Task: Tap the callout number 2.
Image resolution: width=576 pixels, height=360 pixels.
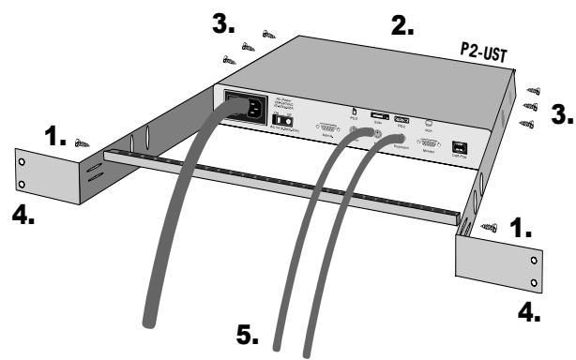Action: [404, 27]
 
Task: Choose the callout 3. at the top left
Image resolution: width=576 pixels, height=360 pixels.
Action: [224, 25]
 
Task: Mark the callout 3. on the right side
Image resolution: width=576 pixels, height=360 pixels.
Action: [560, 115]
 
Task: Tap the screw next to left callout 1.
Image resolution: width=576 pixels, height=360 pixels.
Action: [83, 143]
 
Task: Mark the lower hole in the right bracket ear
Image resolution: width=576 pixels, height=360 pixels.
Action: [534, 281]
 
